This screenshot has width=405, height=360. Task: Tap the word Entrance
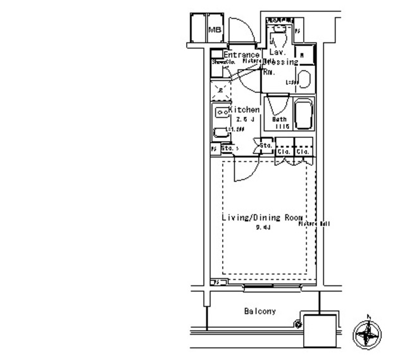pos(242,55)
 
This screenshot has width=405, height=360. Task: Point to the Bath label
pos(279,120)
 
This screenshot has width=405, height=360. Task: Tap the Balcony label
pos(259,311)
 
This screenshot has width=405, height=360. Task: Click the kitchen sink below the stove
pos(221,133)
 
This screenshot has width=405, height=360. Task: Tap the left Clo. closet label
pos(284,152)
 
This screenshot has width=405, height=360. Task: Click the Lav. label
pos(275,52)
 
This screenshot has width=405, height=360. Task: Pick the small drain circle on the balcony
pos(298,325)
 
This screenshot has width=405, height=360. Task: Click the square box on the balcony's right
pos(321,330)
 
